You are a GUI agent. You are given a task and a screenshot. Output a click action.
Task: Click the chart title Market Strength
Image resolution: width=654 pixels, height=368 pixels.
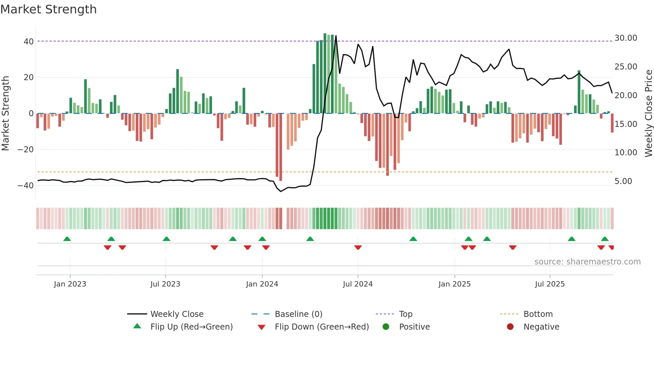coord(49,9)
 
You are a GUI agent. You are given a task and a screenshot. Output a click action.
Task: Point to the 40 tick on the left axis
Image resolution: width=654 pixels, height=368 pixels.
coord(29,42)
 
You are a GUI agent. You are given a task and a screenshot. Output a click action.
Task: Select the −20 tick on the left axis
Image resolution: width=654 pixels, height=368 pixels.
coord(25,150)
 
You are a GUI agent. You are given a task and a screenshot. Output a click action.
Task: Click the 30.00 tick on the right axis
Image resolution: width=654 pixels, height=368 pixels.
coord(626,38)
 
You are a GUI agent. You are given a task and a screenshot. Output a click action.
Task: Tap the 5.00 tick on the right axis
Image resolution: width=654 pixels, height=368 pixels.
coord(623,181)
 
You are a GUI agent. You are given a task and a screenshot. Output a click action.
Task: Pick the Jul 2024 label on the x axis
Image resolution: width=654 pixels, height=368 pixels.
coord(358,284)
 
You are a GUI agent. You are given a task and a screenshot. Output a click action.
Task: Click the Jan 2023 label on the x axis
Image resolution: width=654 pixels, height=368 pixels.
coord(70,284)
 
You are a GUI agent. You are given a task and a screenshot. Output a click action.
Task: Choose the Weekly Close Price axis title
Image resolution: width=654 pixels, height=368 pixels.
coord(648,114)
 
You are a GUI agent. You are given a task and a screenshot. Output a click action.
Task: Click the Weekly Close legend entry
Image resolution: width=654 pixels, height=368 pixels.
coord(177,314)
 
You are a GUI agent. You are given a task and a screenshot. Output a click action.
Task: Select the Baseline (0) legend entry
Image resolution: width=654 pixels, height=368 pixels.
coord(298,314)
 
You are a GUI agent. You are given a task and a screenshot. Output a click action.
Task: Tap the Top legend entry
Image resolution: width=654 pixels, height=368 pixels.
coord(406,314)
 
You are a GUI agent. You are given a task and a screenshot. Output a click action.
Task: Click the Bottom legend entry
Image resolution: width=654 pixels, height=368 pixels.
coord(538,314)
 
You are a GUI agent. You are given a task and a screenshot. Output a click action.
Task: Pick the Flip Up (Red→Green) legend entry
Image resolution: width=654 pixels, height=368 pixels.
coord(192,327)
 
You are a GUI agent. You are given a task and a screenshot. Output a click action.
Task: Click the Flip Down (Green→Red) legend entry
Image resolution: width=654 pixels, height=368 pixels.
coord(322,327)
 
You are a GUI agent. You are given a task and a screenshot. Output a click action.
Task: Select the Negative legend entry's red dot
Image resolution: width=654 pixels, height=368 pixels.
coord(510,327)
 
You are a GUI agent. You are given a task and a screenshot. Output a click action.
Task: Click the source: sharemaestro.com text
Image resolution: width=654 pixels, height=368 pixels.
coord(587,262)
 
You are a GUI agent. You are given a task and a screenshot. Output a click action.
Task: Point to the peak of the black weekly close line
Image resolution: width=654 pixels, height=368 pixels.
coord(336,36)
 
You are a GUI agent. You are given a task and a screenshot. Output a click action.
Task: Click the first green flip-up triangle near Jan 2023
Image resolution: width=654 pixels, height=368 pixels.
coord(67,239)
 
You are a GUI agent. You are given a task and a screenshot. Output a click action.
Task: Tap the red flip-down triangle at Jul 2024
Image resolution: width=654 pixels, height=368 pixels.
coord(358,247)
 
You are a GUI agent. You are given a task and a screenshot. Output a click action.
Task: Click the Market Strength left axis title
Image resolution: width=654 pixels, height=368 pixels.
coord(5,114)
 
